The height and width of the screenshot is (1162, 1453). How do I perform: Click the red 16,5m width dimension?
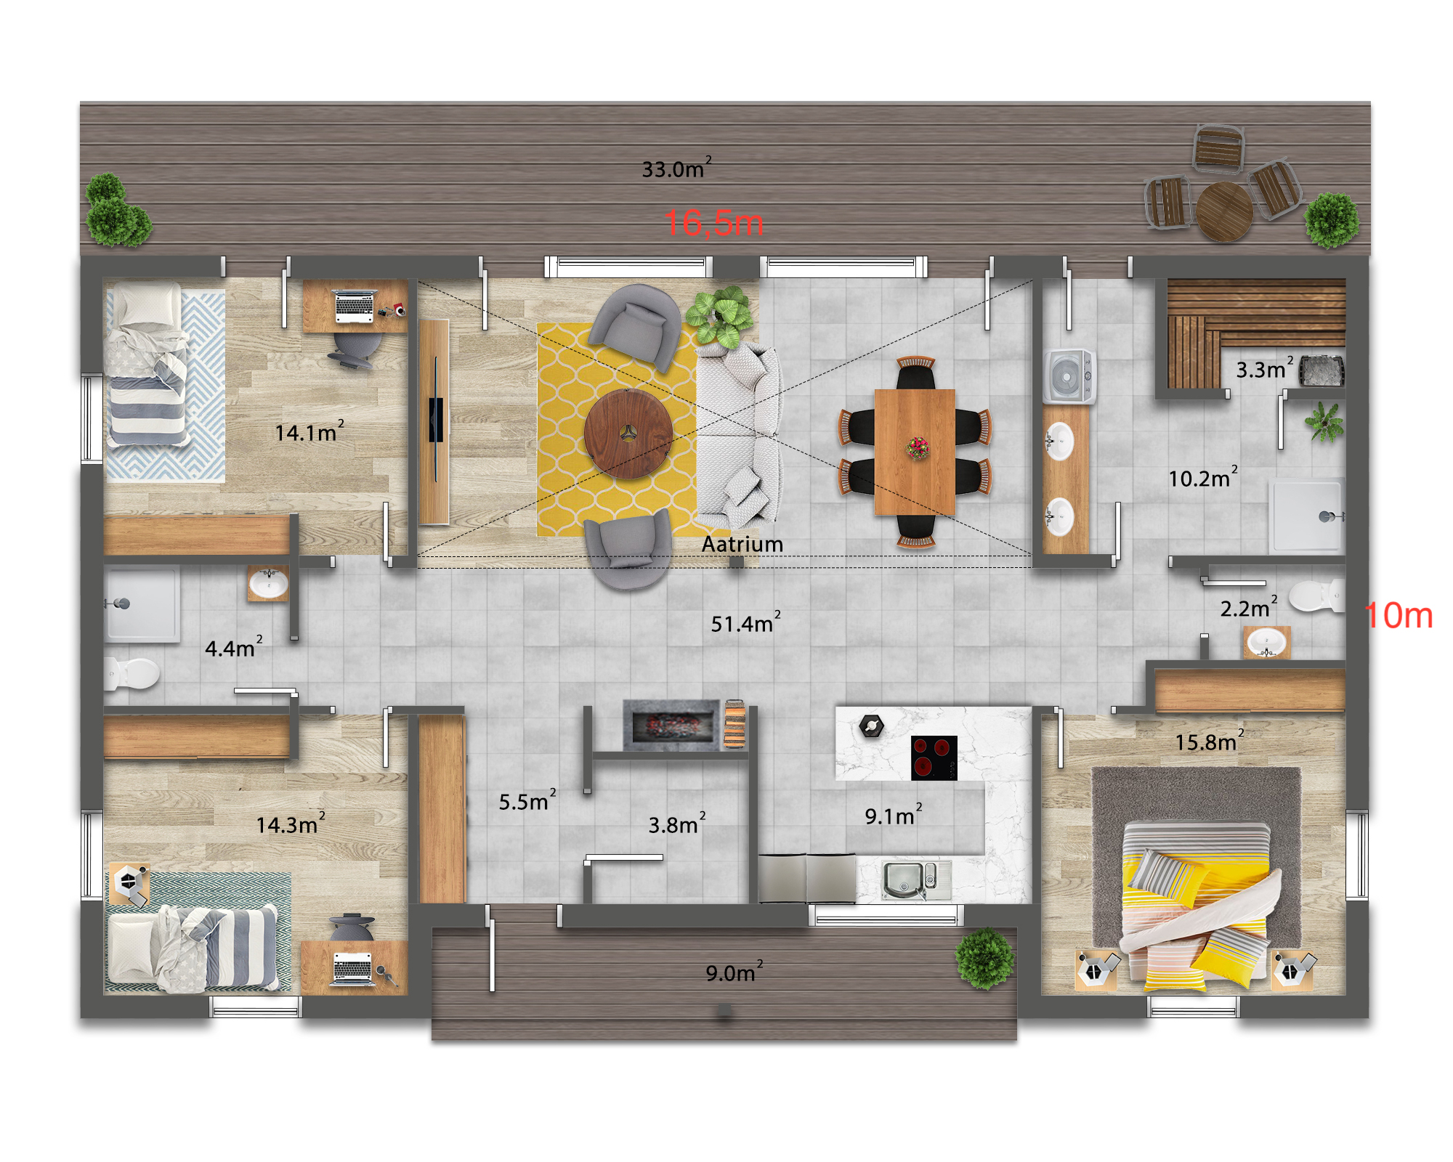pyautogui.click(x=713, y=223)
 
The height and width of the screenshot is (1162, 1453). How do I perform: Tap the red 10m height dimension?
pyautogui.click(x=1399, y=616)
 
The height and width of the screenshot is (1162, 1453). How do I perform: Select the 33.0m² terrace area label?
pyautogui.click(x=676, y=168)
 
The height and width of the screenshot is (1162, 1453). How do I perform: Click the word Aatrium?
pyautogui.click(x=742, y=544)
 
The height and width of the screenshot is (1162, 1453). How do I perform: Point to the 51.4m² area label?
pyautogui.click(x=745, y=622)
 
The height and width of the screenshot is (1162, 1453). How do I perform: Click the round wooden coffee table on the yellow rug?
pyautogui.click(x=628, y=434)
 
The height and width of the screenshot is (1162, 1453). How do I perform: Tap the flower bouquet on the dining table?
pyautogui.click(x=918, y=448)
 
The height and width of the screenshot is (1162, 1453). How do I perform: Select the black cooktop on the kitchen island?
pyautogui.click(x=934, y=757)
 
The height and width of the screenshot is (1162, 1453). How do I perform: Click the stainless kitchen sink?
pyautogui.click(x=916, y=880)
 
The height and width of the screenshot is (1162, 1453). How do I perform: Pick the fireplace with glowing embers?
pyautogui.click(x=673, y=725)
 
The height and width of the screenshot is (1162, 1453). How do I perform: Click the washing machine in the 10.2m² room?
pyautogui.click(x=1069, y=376)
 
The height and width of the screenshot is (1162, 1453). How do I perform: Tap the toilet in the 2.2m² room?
pyautogui.click(x=1316, y=596)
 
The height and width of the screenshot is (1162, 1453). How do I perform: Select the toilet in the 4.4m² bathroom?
pyautogui.click(x=131, y=673)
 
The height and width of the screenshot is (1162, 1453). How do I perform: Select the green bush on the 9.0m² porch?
pyautogui.click(x=985, y=959)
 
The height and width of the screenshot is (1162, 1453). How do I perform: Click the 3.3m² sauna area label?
pyautogui.click(x=1265, y=368)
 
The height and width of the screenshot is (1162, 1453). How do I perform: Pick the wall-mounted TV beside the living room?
pyautogui.click(x=436, y=419)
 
